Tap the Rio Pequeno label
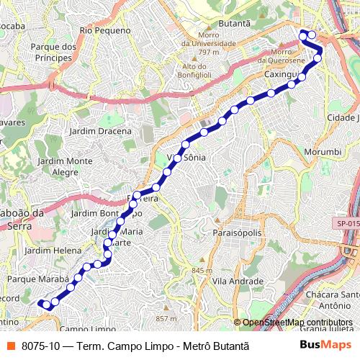point(106,30)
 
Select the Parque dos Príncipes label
point(54,53)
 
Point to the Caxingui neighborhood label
point(281,74)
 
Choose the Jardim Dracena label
point(100,131)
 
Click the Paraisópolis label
point(237,233)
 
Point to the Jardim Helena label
point(53,250)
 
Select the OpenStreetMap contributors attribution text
point(297,323)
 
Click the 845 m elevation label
point(202,271)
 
